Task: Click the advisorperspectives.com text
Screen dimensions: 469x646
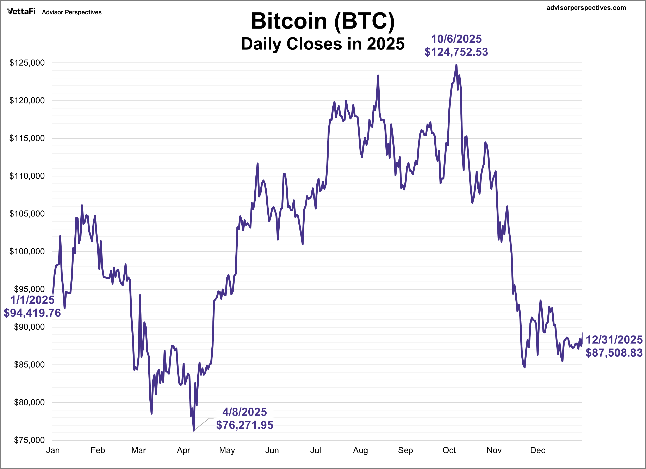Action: [586, 8]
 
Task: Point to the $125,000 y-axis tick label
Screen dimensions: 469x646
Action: [27, 63]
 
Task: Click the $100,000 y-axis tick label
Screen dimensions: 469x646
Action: [27, 251]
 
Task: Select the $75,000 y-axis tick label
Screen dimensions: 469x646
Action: [29, 440]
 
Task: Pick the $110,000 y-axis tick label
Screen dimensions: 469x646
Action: [27, 176]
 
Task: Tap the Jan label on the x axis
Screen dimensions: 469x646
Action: [53, 450]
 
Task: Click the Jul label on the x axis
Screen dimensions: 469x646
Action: [316, 450]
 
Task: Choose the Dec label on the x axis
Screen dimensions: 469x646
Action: [538, 450]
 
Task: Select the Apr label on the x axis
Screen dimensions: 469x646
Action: [184, 450]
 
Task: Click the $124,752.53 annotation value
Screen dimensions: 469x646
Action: [456, 52]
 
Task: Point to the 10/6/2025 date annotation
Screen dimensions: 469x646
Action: [456, 39]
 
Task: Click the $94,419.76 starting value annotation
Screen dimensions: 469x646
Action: [32, 313]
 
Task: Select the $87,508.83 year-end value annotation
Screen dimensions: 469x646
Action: [614, 353]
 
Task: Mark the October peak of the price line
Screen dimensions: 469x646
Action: [456, 65]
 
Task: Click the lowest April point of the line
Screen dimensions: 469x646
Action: [194, 431]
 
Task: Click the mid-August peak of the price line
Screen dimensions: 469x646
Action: [378, 76]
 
